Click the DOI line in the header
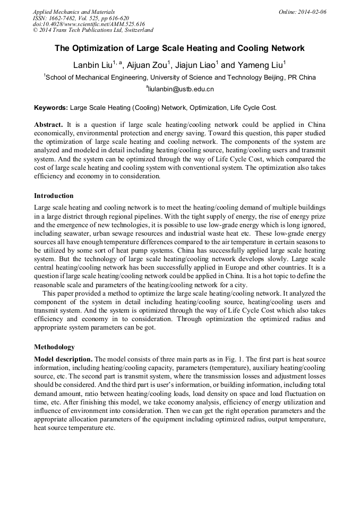tap(89, 24)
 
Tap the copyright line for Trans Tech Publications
tap(93, 30)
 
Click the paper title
tap(179, 48)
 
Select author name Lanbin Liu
tap(92, 65)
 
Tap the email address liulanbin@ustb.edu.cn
tap(181, 89)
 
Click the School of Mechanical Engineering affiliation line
tap(181, 77)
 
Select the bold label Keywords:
tap(51, 107)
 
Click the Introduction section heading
tap(54, 196)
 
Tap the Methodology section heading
tap(54, 347)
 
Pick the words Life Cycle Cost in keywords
tap(253, 107)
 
